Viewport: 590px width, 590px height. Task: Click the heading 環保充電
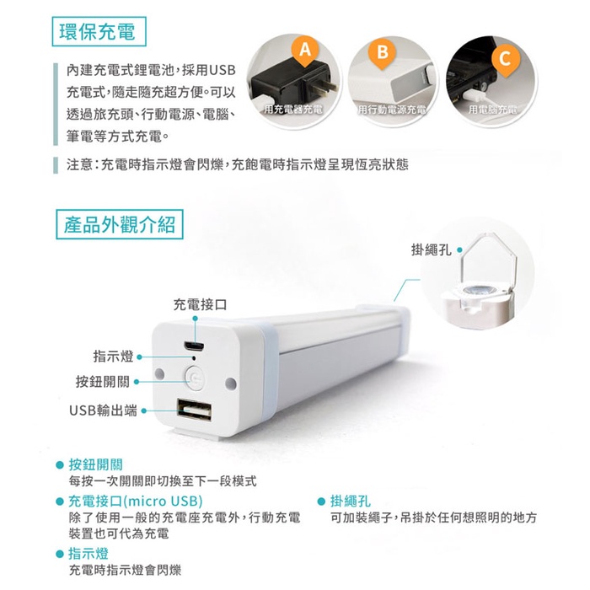[x=99, y=32]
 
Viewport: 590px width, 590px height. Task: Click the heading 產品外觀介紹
[x=120, y=225]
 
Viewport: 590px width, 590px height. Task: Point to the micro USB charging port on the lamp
[x=194, y=346]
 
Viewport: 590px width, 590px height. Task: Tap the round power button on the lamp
[x=195, y=377]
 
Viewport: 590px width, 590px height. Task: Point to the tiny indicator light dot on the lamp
[x=194, y=357]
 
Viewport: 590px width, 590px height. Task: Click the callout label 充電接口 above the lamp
[x=201, y=304]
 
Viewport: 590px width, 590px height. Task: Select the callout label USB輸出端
[x=103, y=410]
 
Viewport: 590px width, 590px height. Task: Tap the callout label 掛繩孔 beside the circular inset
[x=432, y=249]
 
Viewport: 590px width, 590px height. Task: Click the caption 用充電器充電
[x=294, y=110]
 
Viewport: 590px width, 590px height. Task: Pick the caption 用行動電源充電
[x=392, y=110]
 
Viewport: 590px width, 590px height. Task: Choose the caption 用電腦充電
[x=492, y=110]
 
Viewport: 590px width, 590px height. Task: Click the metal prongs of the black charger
[x=325, y=87]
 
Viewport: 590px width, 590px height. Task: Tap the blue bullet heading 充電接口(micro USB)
[x=136, y=501]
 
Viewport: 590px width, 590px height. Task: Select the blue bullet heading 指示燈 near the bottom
[x=88, y=554]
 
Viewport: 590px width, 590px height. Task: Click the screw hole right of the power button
[x=231, y=383]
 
